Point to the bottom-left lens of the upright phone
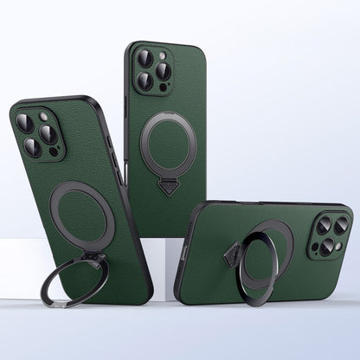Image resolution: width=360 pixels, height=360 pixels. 145,80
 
